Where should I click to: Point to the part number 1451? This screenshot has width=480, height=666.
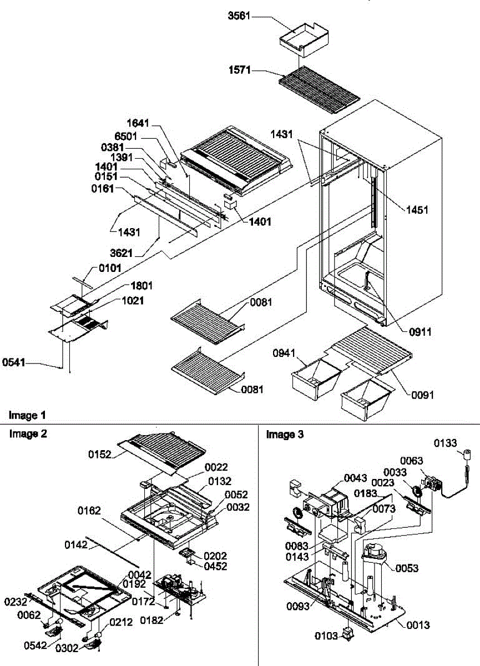417,210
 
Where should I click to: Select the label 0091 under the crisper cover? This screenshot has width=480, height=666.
422,395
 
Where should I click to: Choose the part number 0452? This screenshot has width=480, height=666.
215,566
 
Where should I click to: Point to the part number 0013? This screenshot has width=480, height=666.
418,625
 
